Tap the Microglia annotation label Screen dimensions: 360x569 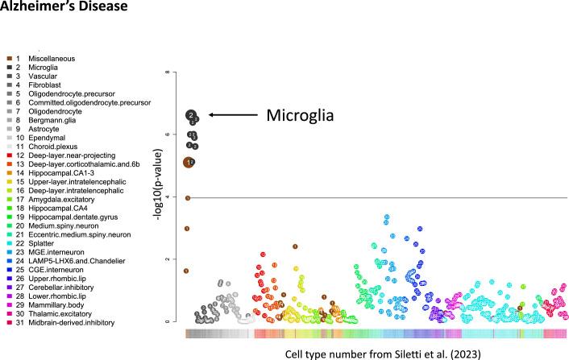pyautogui.click(x=300, y=116)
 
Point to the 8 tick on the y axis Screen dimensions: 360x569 pyautogui.click(x=166, y=72)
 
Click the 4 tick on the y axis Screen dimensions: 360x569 pyautogui.click(x=166, y=197)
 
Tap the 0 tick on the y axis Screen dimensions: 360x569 pyautogui.click(x=166, y=321)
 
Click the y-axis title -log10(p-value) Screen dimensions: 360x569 pyautogui.click(x=152, y=197)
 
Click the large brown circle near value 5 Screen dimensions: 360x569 pyautogui.click(x=189, y=163)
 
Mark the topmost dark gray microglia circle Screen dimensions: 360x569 pyautogui.click(x=191, y=115)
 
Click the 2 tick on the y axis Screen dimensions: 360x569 pyautogui.click(x=166, y=259)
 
